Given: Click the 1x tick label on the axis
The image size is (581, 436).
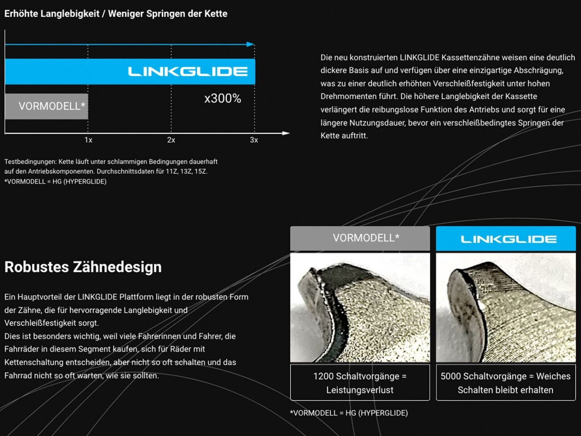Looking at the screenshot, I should [x=88, y=140].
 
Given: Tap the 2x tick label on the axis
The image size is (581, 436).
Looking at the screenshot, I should [x=171, y=140].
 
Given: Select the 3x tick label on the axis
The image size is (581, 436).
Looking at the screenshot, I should [x=254, y=140].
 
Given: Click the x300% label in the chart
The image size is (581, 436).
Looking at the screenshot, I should [x=223, y=98].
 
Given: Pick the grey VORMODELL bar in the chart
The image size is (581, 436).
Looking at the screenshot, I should [x=46, y=106].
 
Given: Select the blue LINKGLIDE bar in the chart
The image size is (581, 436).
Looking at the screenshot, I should [x=130, y=72].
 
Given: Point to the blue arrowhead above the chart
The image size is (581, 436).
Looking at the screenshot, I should [x=251, y=44].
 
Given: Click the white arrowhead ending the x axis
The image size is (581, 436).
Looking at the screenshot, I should [x=286, y=133].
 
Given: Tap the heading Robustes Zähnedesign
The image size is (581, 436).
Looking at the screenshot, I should [x=83, y=267].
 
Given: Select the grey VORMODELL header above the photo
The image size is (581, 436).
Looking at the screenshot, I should [x=360, y=238].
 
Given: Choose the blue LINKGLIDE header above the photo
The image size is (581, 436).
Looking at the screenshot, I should [x=506, y=239].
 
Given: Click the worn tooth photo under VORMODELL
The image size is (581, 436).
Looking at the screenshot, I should [x=360, y=307].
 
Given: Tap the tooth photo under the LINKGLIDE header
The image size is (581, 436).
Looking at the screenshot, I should [x=506, y=307].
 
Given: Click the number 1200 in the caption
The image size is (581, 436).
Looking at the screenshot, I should [x=323, y=376].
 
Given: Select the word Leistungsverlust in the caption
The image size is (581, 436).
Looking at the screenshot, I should [x=360, y=390].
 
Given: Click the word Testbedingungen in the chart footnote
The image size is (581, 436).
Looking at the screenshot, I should [x=30, y=162].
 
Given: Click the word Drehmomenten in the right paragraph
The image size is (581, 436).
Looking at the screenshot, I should [x=345, y=97].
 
